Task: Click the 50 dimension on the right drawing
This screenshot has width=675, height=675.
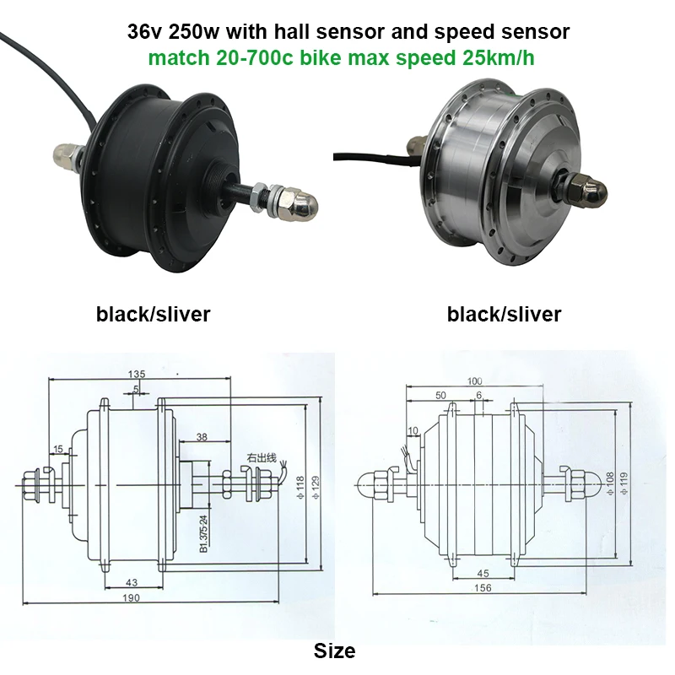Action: pyautogui.click(x=440, y=396)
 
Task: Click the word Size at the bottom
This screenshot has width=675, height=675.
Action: pyautogui.click(x=334, y=651)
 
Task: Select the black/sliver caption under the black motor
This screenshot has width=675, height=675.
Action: pyautogui.click(x=153, y=315)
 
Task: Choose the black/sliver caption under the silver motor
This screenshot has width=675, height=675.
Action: pyautogui.click(x=504, y=315)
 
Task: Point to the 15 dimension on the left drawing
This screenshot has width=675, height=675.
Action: pyautogui.click(x=58, y=448)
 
